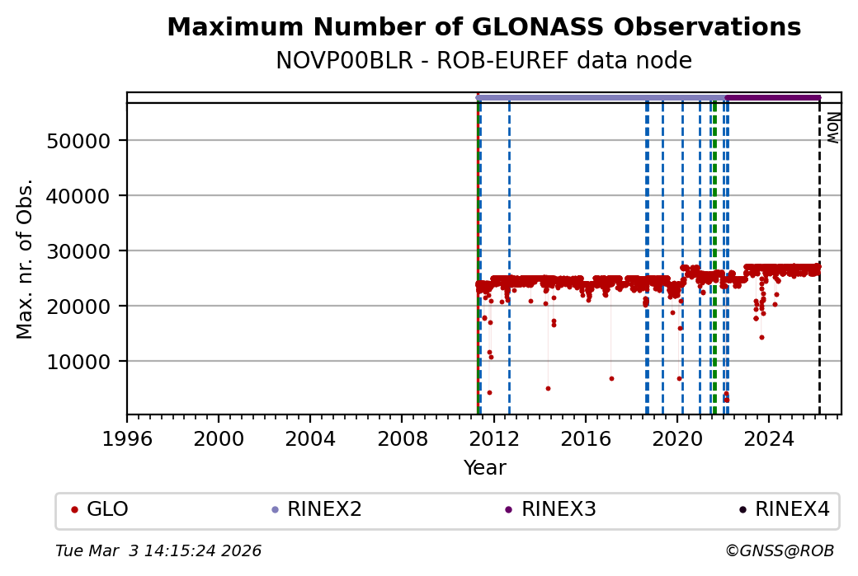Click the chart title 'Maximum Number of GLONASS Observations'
pyautogui.click(x=483, y=27)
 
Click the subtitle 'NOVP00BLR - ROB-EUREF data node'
pyautogui.click(x=483, y=61)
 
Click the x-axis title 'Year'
pyautogui.click(x=484, y=468)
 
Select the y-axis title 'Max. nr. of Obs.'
pyautogui.click(x=25, y=259)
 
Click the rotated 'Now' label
pyautogui.click(x=832, y=128)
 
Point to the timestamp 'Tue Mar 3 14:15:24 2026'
pyautogui.click(x=158, y=550)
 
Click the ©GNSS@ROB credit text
pyautogui.click(x=779, y=550)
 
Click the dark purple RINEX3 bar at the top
pyautogui.click(x=773, y=98)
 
